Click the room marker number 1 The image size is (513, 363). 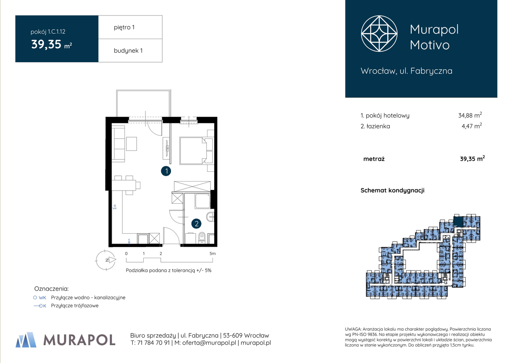tap(166, 171)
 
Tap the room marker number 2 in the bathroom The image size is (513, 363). tap(196, 224)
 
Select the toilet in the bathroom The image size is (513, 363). tap(202, 238)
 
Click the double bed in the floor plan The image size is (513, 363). tap(193, 151)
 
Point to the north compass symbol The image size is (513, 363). tap(106, 260)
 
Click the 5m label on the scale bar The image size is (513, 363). tap(213, 254)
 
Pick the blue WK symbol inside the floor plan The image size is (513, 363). tap(115, 207)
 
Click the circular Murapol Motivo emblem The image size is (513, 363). tap(379, 34)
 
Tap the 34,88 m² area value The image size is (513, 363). tap(470, 115)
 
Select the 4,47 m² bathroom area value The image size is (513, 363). tap(472, 126)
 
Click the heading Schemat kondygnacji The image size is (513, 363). tap(392, 190)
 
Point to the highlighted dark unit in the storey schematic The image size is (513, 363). tap(458, 222)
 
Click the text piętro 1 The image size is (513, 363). tap(124, 27)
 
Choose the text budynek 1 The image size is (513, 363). tap(128, 50)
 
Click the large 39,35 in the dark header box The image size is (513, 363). tap(46, 44)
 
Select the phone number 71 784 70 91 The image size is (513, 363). tap(153, 343)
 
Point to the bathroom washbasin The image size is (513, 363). tap(210, 216)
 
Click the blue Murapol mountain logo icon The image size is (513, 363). tap(26, 339)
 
